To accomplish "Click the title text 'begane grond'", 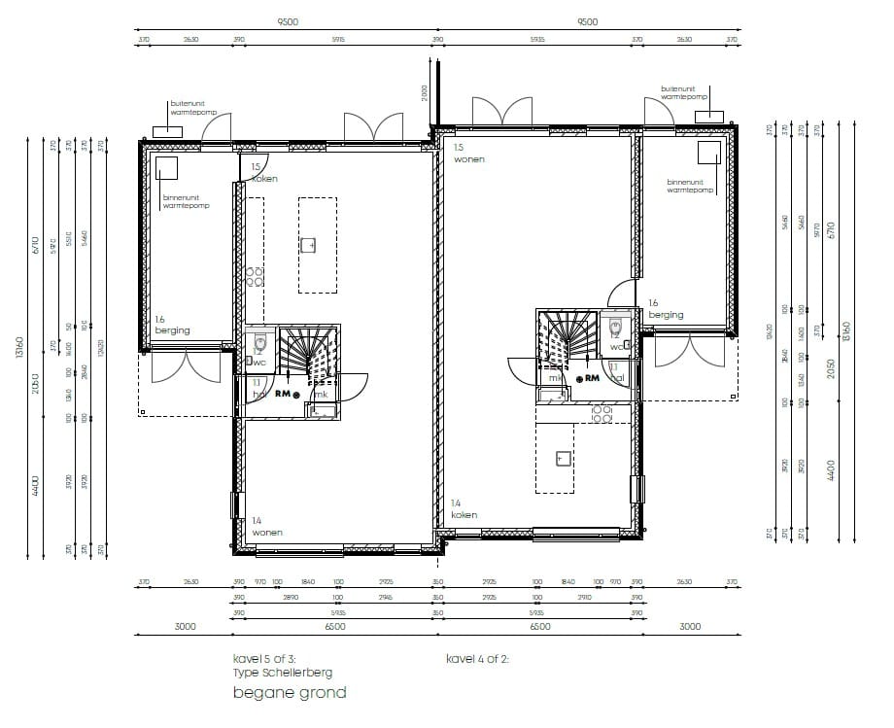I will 290,693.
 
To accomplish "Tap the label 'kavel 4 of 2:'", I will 478,659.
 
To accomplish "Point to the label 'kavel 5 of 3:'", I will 265,659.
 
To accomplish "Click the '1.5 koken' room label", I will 263,173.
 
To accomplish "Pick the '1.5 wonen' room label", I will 468,153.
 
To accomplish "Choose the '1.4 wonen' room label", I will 267,527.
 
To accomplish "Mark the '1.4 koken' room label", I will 464,509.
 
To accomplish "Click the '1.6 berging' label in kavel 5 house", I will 172,325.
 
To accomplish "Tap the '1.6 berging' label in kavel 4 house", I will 666,309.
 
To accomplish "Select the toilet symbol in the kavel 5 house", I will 259,344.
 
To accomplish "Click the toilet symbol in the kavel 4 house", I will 615,328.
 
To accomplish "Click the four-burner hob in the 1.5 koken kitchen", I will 255,277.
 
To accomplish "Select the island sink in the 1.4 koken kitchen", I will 562,456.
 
